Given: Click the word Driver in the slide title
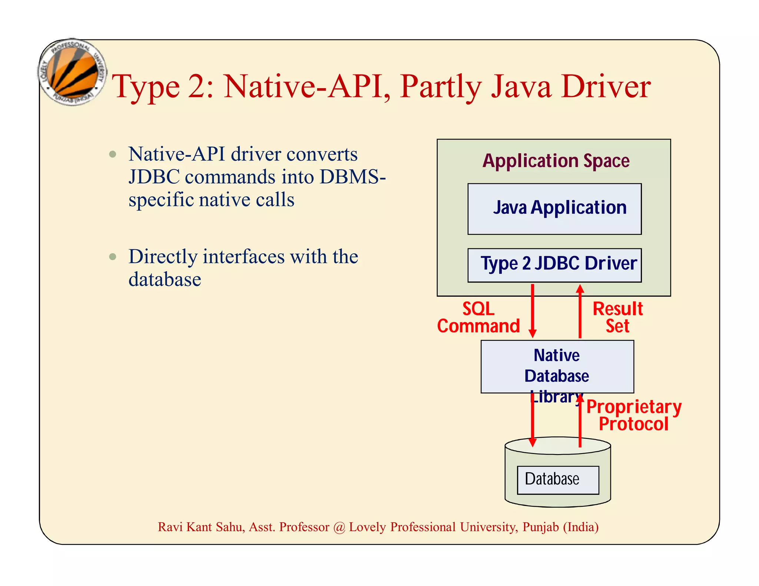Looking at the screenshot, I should click(x=606, y=87).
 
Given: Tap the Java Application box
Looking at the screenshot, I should click(x=554, y=209).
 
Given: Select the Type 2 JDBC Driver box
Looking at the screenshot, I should click(x=554, y=265).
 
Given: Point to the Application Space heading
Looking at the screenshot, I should click(x=556, y=161).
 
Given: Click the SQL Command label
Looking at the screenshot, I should click(x=478, y=317).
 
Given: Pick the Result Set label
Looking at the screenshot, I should click(x=617, y=317).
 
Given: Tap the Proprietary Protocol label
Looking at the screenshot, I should click(x=634, y=415).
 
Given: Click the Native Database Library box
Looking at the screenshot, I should click(x=557, y=366).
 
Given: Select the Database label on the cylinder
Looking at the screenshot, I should click(x=552, y=479).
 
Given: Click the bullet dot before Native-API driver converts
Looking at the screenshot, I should click(x=113, y=154).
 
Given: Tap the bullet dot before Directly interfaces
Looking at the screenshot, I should click(x=113, y=256).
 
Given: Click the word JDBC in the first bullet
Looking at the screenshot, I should click(x=154, y=177).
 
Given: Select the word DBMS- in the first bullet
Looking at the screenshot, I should click(x=352, y=177).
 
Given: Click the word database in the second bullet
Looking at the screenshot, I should click(x=165, y=279).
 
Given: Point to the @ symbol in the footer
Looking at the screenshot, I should click(x=339, y=527).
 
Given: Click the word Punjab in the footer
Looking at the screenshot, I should click(x=540, y=527).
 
